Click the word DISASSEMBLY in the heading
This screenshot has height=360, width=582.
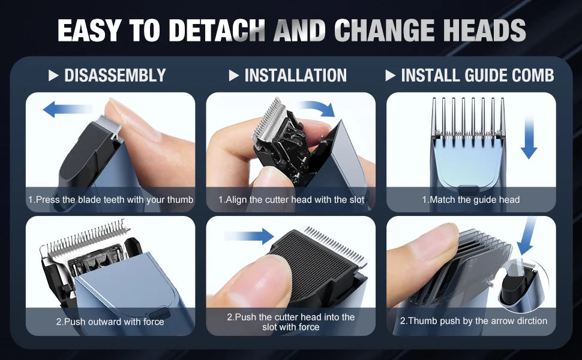[x=115, y=76]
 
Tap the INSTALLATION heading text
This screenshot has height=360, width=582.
[x=295, y=76]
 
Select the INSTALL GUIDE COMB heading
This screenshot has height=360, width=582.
[x=477, y=76]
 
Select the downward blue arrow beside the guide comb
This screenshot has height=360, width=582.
[x=528, y=138]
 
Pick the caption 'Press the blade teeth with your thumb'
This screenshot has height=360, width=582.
[x=110, y=199]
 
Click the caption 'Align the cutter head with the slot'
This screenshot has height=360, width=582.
[x=291, y=199]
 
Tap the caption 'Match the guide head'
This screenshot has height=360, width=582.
[x=471, y=199]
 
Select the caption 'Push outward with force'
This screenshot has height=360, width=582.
[x=110, y=322]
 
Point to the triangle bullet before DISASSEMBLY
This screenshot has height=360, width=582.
[x=53, y=76]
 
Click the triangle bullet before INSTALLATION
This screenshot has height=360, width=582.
[x=234, y=76]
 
